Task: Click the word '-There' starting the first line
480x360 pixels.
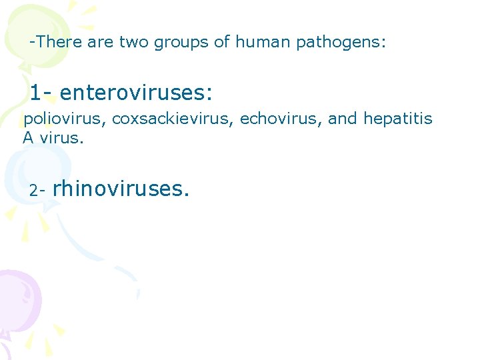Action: coord(54,43)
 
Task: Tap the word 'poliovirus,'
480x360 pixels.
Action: coord(65,119)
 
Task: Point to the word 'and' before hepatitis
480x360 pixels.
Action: coord(343,119)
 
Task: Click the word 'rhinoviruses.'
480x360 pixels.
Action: coord(121,189)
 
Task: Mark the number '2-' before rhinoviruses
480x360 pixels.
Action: coord(37,191)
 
